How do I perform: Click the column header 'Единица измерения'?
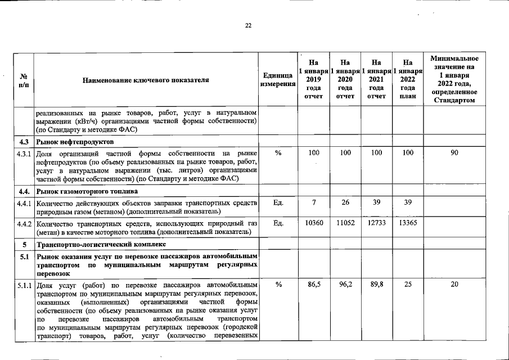tap(278, 79)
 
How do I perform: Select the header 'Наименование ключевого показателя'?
tap(146, 80)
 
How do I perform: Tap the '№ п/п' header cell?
tap(24, 80)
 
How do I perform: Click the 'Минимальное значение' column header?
tap(454, 79)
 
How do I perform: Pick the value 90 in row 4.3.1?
tap(454, 153)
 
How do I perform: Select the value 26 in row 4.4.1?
tap(345, 202)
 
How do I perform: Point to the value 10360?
tap(314, 223)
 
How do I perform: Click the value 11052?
tap(345, 223)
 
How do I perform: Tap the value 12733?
tap(377, 223)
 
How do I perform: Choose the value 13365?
tap(408, 223)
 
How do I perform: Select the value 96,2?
tap(345, 285)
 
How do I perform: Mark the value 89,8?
tap(377, 285)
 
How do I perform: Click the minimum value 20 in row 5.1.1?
tap(454, 285)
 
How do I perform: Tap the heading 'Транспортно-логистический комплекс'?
tap(101, 245)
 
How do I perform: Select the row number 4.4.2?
tap(24, 223)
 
